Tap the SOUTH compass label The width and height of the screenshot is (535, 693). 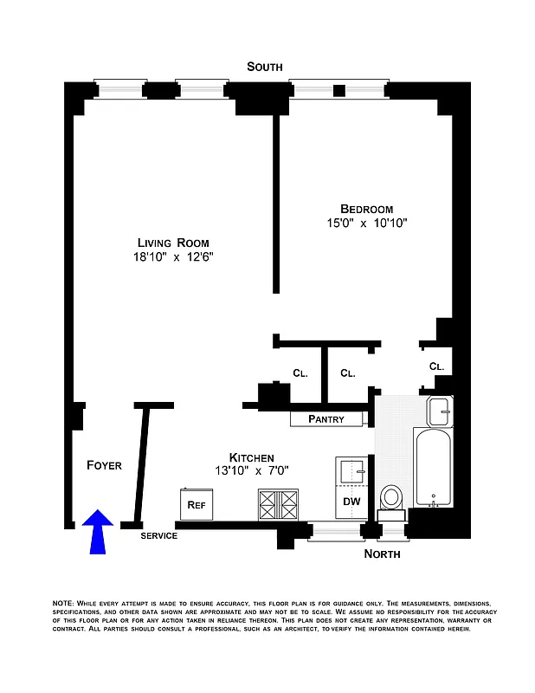click(264, 67)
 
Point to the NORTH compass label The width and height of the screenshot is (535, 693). click(382, 554)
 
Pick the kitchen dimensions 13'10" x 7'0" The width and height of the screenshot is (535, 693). click(252, 471)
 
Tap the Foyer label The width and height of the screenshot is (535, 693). click(104, 465)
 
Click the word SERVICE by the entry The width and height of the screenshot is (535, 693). click(159, 535)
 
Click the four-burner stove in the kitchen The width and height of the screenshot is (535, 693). click(277, 503)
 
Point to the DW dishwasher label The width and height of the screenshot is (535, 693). click(352, 502)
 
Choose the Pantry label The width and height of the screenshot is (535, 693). click(326, 419)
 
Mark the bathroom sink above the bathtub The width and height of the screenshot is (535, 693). click(440, 410)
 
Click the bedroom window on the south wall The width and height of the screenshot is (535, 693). click(337, 87)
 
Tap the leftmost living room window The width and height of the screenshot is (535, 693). click(121, 87)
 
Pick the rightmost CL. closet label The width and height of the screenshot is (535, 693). click(436, 366)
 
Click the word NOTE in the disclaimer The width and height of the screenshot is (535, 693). click(63, 602)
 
